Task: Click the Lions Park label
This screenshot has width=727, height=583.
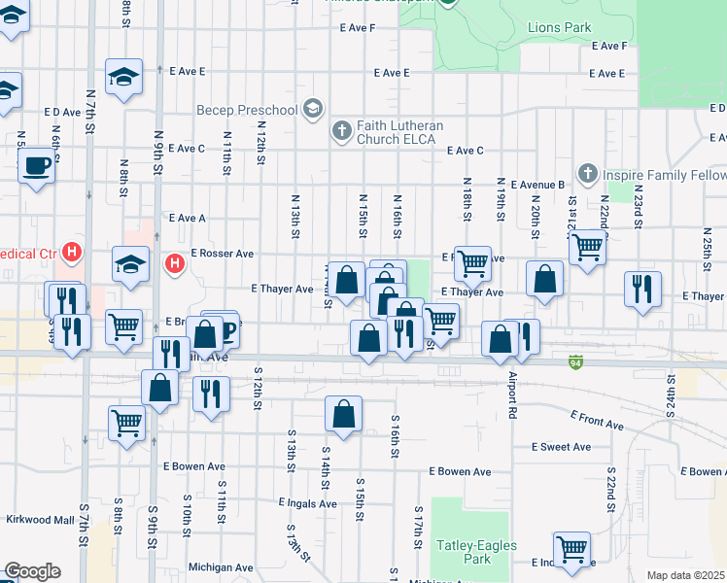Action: pyautogui.click(x=559, y=27)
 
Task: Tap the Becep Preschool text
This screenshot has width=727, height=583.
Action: pyautogui.click(x=246, y=110)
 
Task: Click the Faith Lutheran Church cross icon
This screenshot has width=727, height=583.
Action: pyautogui.click(x=341, y=130)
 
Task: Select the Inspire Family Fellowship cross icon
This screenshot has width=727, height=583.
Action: pyautogui.click(x=586, y=174)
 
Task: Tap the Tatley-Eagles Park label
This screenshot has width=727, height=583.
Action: pyautogui.click(x=464, y=552)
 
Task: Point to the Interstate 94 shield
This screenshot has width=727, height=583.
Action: pyautogui.click(x=576, y=360)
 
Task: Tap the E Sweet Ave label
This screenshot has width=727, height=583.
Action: pyautogui.click(x=561, y=447)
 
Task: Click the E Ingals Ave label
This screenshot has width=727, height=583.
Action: pyautogui.click(x=307, y=503)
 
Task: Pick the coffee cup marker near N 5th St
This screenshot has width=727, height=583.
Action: pyautogui.click(x=37, y=165)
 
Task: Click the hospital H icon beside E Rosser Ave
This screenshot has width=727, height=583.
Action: pyautogui.click(x=174, y=263)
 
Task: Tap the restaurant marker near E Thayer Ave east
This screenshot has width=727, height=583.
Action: pyautogui.click(x=642, y=289)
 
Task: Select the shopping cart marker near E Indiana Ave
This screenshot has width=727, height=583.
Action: pyautogui.click(x=572, y=549)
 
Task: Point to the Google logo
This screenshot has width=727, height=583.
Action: pyautogui.click(x=33, y=571)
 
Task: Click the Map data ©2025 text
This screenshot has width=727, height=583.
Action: pyautogui.click(x=686, y=575)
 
